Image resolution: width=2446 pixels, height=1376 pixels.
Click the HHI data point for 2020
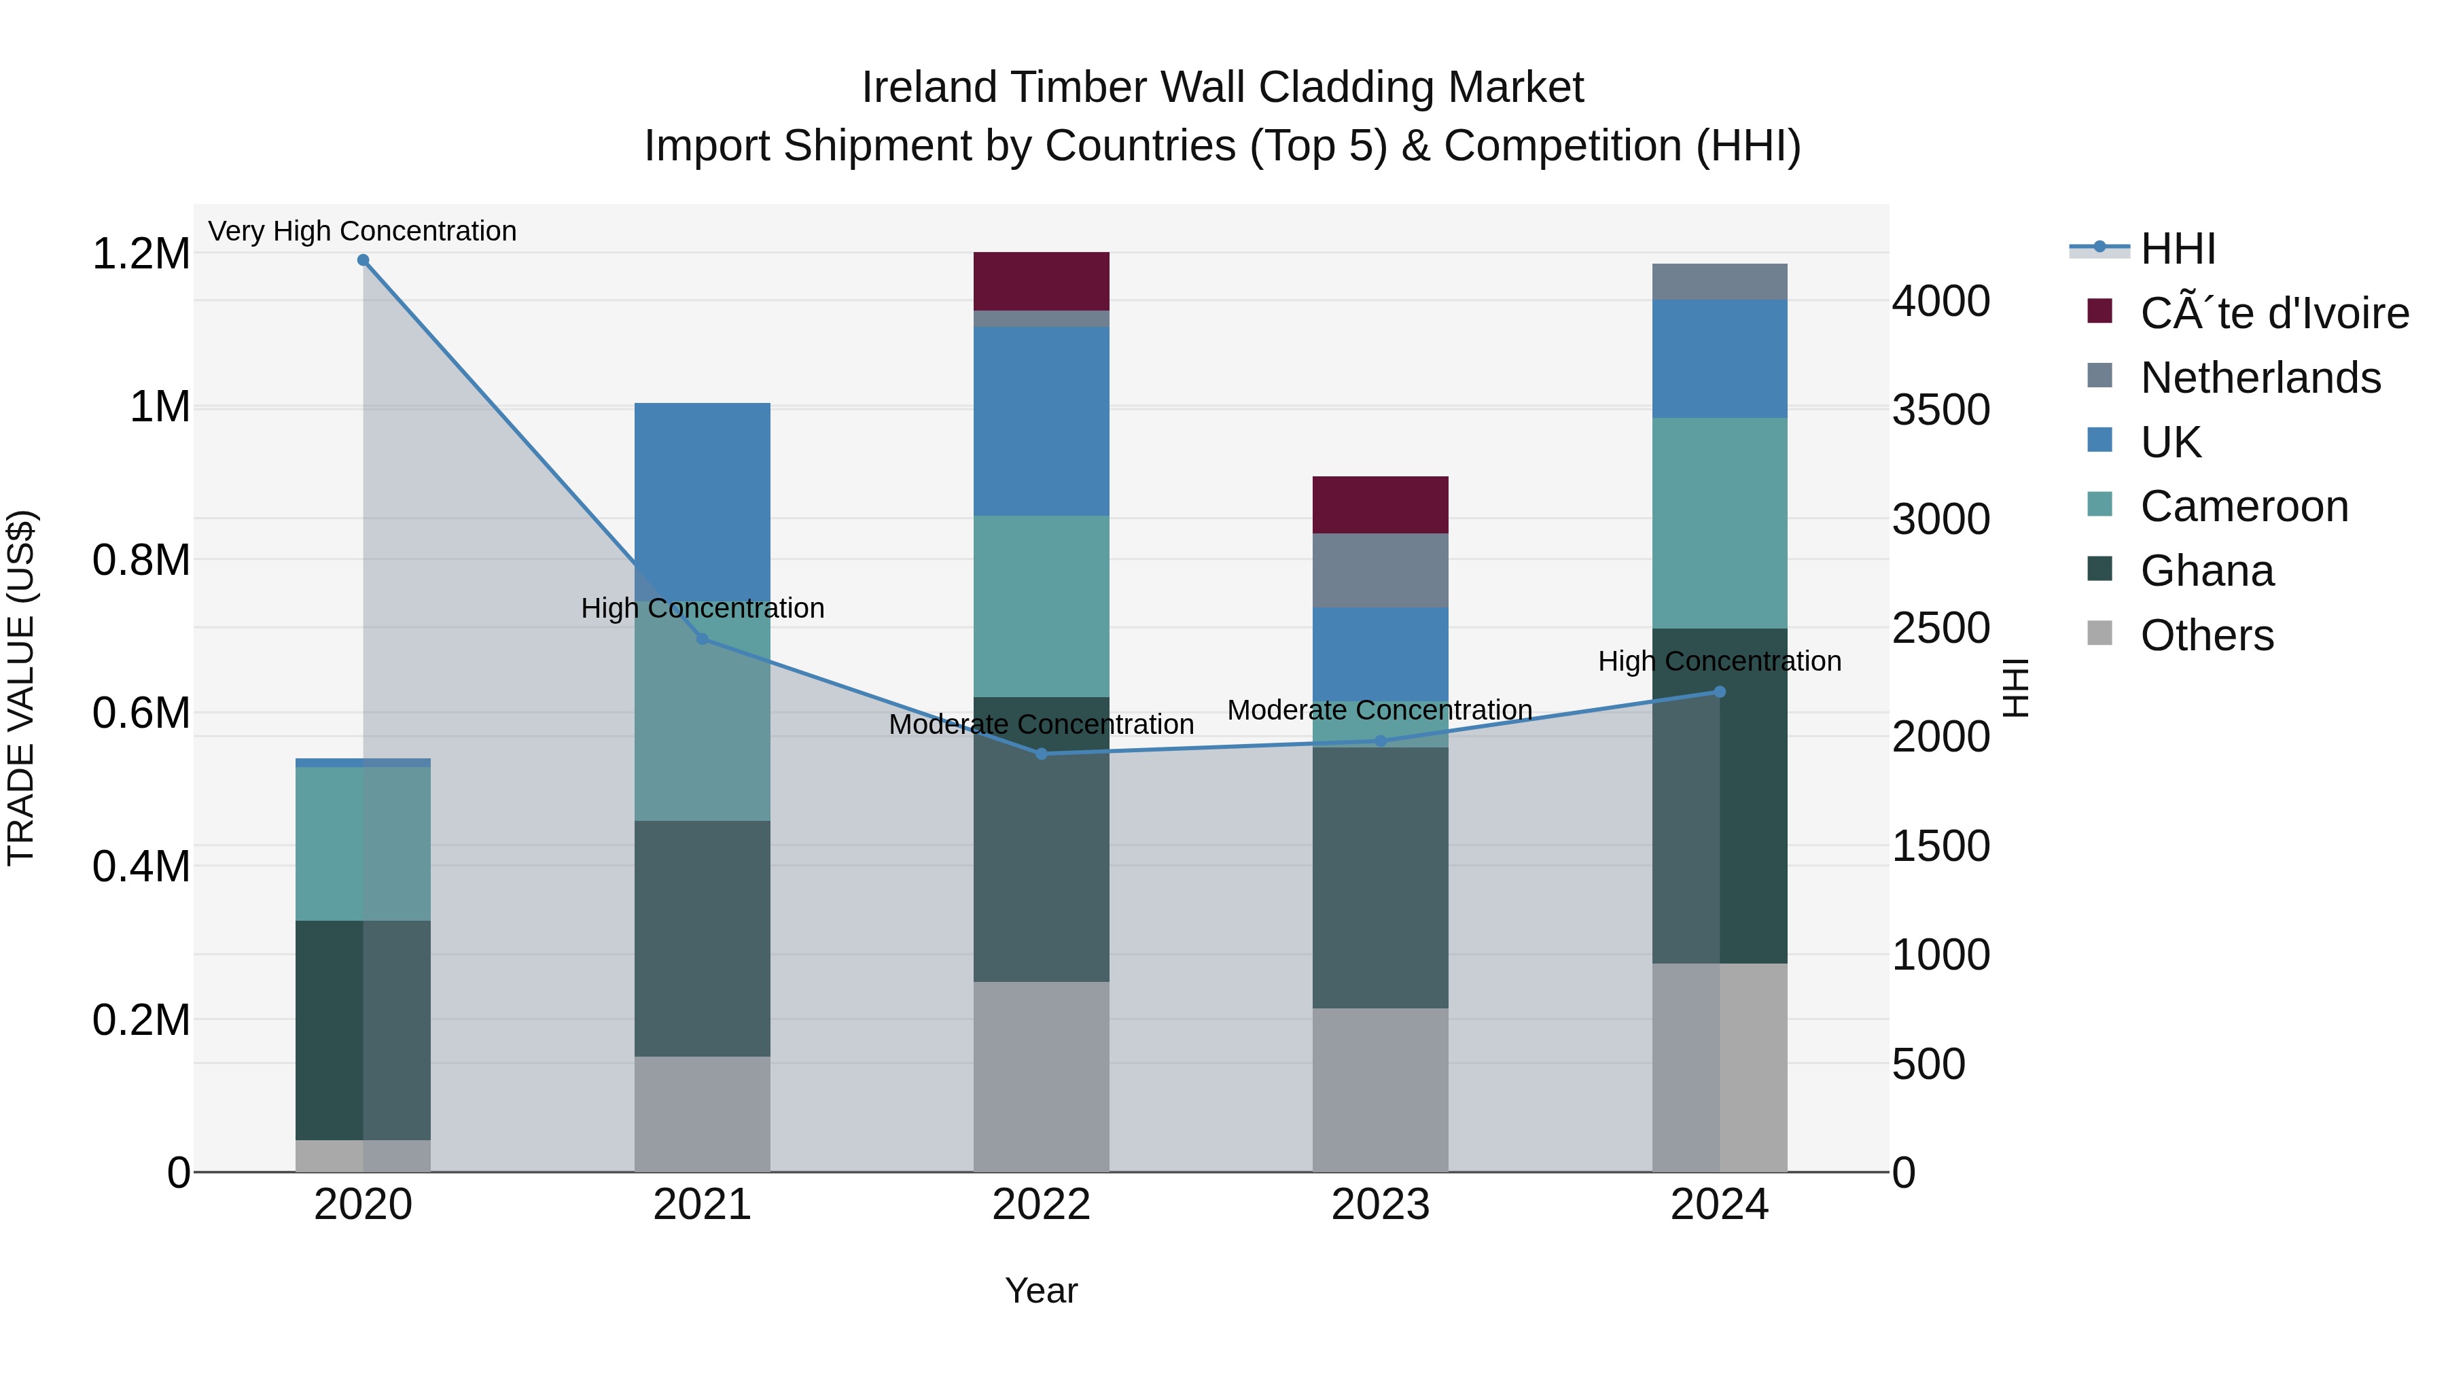pyautogui.click(x=363, y=260)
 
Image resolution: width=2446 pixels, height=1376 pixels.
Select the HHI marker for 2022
pyautogui.click(x=1042, y=754)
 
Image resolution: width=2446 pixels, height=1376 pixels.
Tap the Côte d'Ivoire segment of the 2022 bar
pyautogui.click(x=1042, y=281)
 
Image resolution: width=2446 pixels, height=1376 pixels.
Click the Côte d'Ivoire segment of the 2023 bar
pyautogui.click(x=1381, y=505)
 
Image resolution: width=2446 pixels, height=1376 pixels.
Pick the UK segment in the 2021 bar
pyautogui.click(x=703, y=484)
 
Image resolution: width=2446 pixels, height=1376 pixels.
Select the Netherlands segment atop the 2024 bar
pyautogui.click(x=1720, y=282)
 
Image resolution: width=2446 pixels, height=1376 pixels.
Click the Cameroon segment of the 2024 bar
pyautogui.click(x=1720, y=523)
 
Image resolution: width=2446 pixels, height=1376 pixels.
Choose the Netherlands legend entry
pyautogui.click(x=2260, y=378)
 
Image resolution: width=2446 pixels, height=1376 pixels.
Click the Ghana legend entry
pyautogui.click(x=2207, y=571)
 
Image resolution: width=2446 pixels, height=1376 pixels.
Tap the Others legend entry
pyautogui.click(x=2207, y=635)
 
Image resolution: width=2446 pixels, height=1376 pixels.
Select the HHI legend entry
pyautogui.click(x=2178, y=249)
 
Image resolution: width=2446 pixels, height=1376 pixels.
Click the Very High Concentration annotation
pyautogui.click(x=363, y=232)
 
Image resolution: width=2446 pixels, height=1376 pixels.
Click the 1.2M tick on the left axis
pyautogui.click(x=141, y=255)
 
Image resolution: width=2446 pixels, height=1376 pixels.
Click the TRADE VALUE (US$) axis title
pyautogui.click(x=21, y=688)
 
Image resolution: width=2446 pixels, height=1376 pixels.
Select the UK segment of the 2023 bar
pyautogui.click(x=1381, y=654)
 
